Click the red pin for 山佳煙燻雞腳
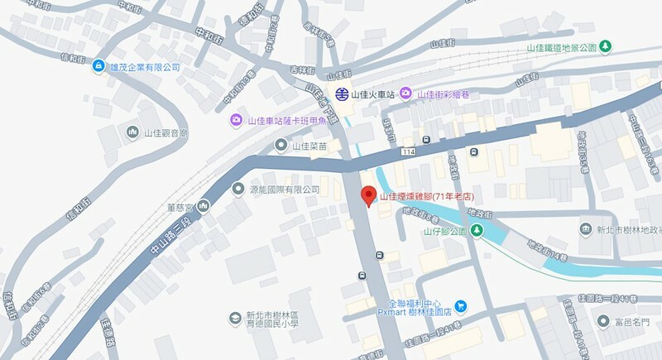pyautogui.click(x=370, y=196)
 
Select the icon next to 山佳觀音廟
pyautogui.click(x=132, y=132)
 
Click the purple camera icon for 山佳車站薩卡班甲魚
pyautogui.click(x=236, y=121)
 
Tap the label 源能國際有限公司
pyautogui.click(x=284, y=190)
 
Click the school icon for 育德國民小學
pyautogui.click(x=235, y=319)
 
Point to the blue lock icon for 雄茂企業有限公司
pyautogui.click(x=98, y=66)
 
